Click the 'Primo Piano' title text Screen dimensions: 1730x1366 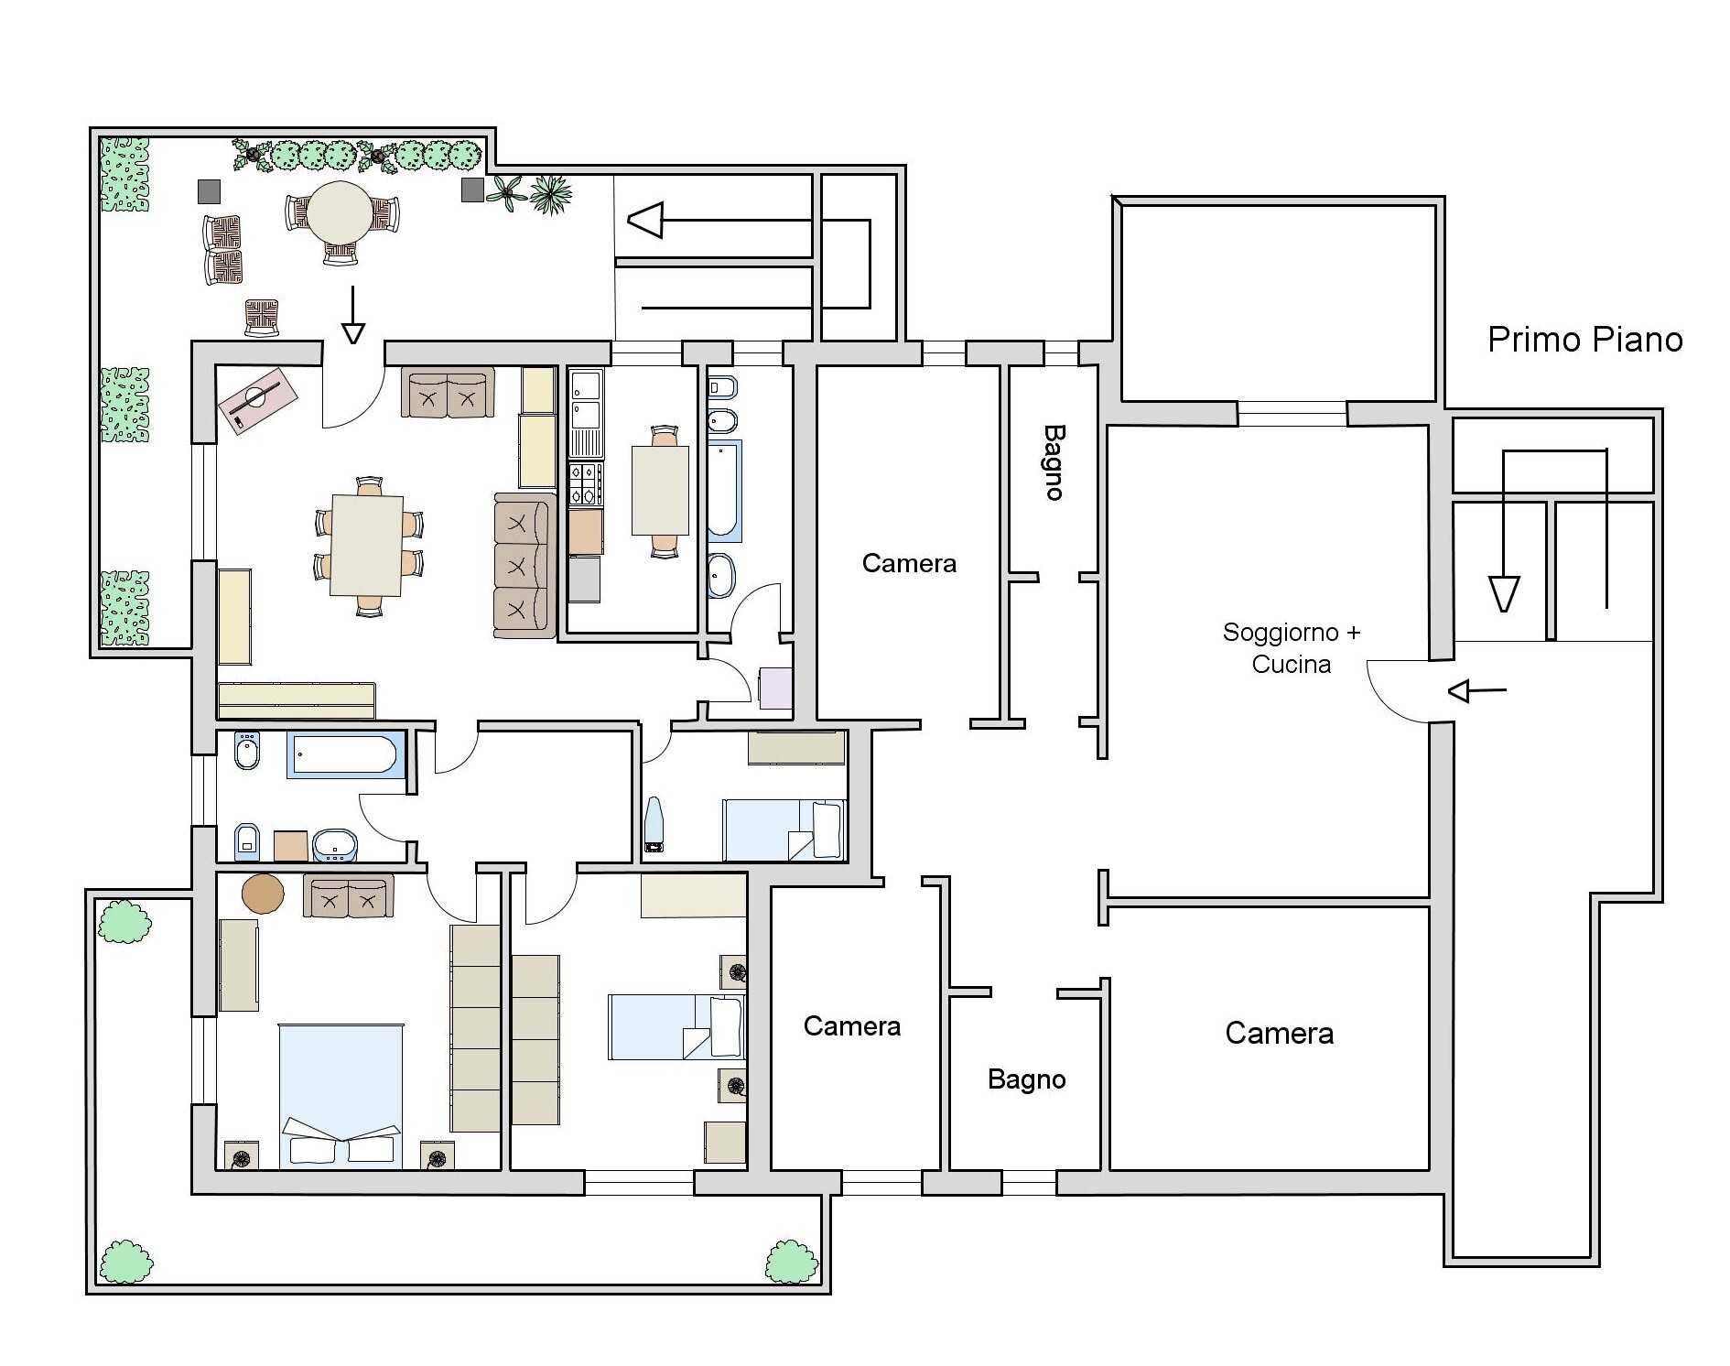[1584, 340]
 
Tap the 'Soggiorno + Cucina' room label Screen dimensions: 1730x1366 [1292, 648]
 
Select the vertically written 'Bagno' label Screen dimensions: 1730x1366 [1054, 462]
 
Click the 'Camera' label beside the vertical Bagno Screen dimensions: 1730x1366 [909, 563]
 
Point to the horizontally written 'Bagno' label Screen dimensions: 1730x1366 [1026, 1079]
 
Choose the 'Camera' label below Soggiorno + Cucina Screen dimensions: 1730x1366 [1279, 1033]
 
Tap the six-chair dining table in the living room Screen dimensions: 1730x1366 [367, 546]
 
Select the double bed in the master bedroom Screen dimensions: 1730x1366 [341, 1096]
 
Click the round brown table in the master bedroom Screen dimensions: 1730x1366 [263, 894]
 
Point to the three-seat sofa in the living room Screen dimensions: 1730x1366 [524, 565]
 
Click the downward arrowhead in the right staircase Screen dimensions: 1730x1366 [1504, 593]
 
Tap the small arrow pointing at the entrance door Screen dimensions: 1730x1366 [1477, 690]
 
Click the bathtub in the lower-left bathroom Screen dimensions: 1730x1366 [346, 755]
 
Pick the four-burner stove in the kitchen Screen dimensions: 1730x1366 [586, 484]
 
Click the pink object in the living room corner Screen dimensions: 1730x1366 [257, 401]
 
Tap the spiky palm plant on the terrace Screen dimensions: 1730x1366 [551, 194]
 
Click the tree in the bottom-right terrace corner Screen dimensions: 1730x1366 [791, 1262]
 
